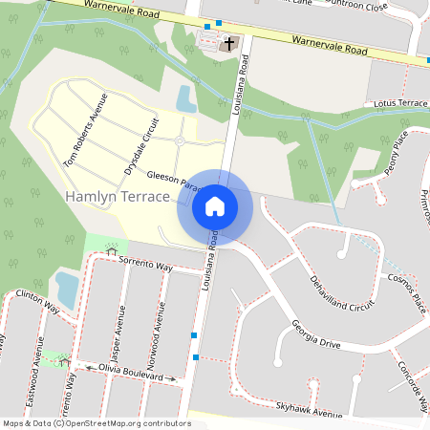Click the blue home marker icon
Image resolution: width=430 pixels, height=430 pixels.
pyautogui.click(x=215, y=205)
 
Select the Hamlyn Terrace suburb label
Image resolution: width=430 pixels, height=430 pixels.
pyautogui.click(x=118, y=196)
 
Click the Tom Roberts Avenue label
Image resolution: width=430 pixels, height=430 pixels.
pyautogui.click(x=85, y=131)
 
